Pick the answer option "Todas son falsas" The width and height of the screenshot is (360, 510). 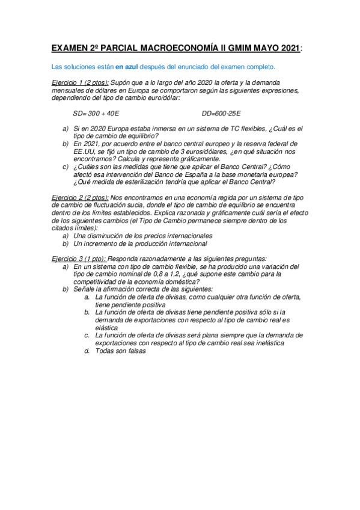tap(120, 351)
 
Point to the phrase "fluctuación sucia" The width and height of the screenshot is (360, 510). tap(117, 206)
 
